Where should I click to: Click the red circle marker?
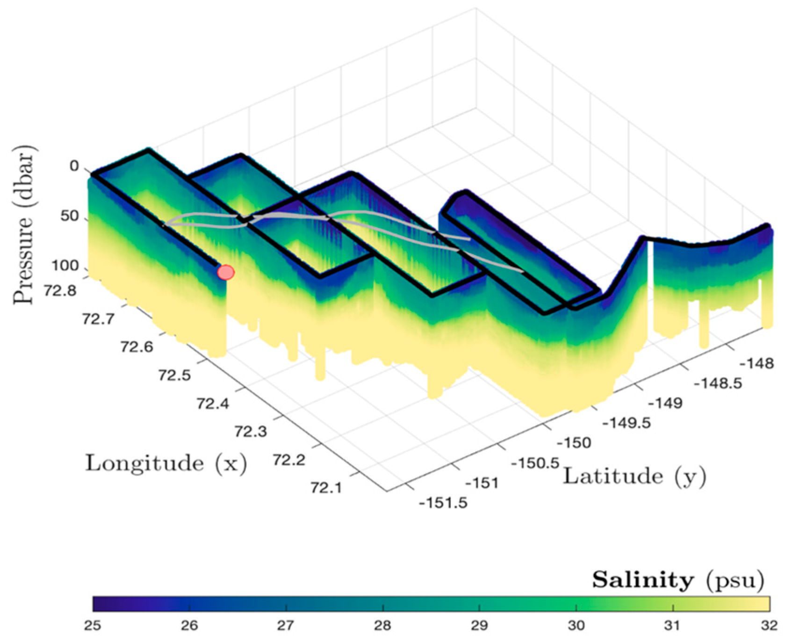(226, 272)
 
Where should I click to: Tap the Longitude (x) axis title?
(166, 463)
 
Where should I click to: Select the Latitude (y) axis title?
(634, 477)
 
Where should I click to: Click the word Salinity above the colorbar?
(643, 580)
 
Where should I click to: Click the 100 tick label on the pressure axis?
(65, 266)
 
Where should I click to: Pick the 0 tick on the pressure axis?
(74, 166)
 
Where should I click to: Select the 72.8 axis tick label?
(60, 291)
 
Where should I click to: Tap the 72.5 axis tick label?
(174, 375)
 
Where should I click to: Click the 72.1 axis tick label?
(326, 488)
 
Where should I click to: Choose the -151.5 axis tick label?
(443, 503)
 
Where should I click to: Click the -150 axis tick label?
(574, 442)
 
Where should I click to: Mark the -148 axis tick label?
(756, 363)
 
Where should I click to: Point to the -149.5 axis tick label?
(627, 423)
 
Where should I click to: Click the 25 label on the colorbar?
(93, 626)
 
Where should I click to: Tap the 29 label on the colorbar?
(479, 626)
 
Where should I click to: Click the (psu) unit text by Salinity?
(735, 580)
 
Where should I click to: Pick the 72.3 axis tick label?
(251, 432)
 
